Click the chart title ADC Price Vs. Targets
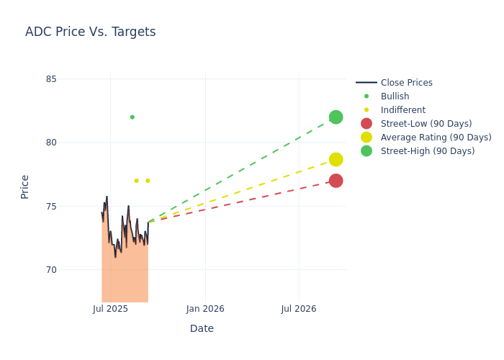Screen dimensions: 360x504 coord(90,32)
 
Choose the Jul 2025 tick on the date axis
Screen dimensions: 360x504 coord(110,309)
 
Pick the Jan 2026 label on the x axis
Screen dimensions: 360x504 coord(205,309)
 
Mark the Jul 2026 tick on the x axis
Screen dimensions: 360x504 coord(299,309)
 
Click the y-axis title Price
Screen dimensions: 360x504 coord(25,186)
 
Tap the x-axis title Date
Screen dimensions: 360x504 coord(202,328)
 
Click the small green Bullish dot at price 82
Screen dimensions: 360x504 coord(132,117)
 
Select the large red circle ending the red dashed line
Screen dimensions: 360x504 coord(336,181)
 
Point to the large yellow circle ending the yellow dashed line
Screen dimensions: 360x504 coord(336,160)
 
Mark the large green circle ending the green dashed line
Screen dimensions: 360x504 coord(336,117)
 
